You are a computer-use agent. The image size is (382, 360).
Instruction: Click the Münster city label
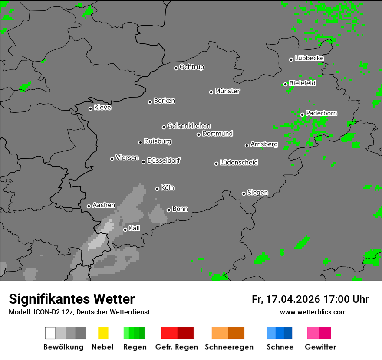(x=227, y=91)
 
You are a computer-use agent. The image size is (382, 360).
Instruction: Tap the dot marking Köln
(x=157, y=189)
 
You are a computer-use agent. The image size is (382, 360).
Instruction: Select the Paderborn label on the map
(x=322, y=113)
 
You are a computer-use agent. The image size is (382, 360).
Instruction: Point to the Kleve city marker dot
(x=90, y=108)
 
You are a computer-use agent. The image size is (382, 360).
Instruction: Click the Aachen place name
(x=104, y=205)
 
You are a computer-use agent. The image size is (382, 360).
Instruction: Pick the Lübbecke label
(x=309, y=58)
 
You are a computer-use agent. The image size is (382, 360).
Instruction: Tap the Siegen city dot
(x=244, y=193)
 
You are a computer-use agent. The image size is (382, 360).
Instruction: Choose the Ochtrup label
(x=192, y=67)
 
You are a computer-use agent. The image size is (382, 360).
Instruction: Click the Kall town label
(x=135, y=228)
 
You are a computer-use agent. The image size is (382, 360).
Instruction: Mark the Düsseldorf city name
(x=164, y=160)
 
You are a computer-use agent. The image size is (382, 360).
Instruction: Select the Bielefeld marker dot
(x=285, y=84)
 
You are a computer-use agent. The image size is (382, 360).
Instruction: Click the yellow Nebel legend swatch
(x=103, y=333)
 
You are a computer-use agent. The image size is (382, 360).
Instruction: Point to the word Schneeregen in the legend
(x=229, y=347)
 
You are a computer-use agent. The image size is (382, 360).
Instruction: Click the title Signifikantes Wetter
(x=72, y=299)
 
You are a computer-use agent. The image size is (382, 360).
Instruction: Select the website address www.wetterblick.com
(x=313, y=312)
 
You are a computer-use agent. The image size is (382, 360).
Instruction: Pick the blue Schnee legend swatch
(x=279, y=333)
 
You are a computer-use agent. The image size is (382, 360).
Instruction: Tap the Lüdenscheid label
(x=239, y=163)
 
